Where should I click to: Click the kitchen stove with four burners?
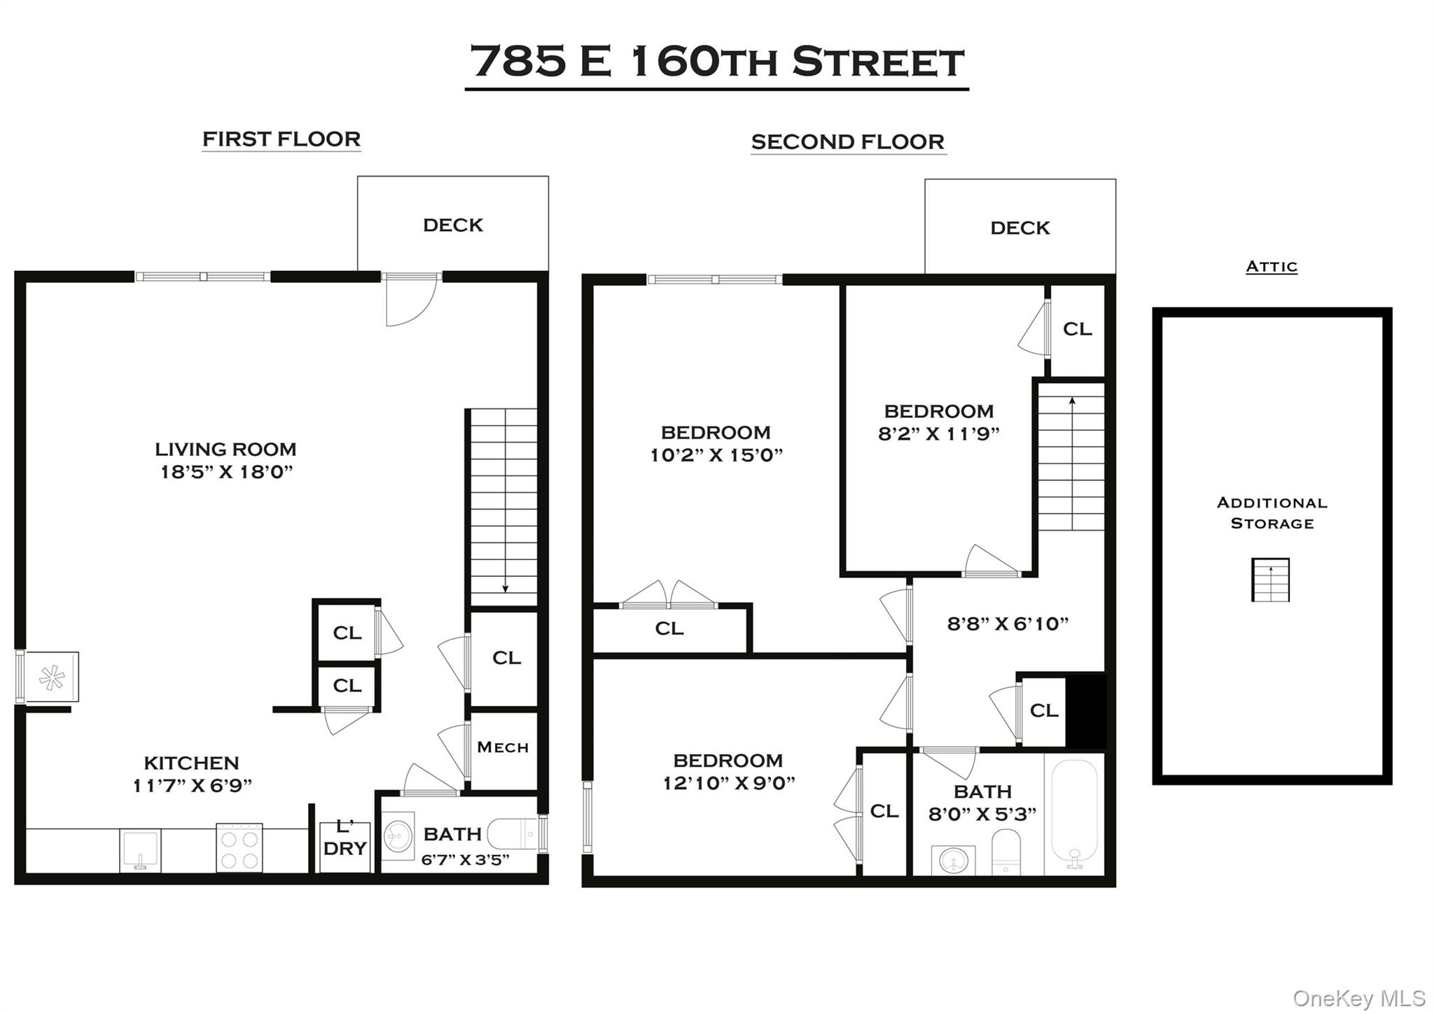(x=239, y=848)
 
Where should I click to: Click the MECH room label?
(x=503, y=748)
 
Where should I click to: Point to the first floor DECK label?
(x=453, y=225)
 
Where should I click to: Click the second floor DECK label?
(x=1020, y=228)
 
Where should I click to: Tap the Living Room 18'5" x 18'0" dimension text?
(x=226, y=472)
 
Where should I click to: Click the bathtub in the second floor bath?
(x=1074, y=814)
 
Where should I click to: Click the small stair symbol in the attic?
(x=1270, y=580)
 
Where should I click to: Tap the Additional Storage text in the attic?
(x=1272, y=513)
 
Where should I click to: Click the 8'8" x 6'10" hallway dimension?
(x=1008, y=624)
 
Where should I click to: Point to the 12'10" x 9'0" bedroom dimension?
(x=729, y=783)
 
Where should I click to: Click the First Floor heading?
(x=281, y=139)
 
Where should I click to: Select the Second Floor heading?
(x=848, y=142)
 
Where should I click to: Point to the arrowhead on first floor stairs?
(x=506, y=588)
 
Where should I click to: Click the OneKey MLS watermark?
(x=1358, y=998)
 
